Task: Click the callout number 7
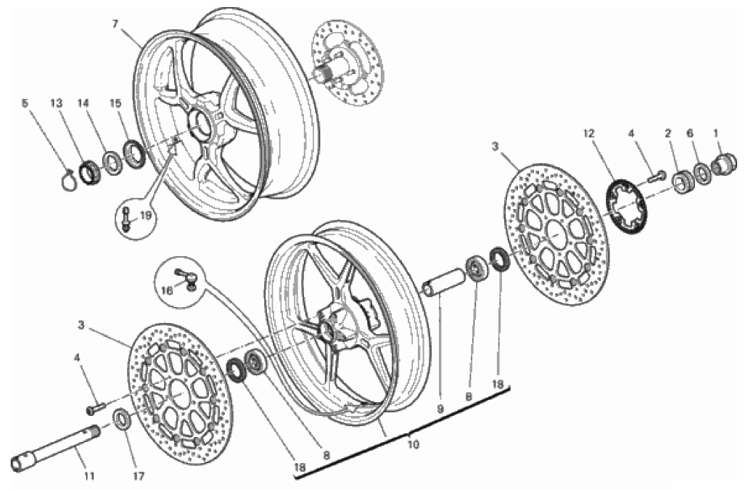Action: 115,24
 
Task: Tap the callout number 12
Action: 588,134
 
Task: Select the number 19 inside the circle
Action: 146,216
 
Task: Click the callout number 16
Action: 167,290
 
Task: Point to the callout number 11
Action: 89,476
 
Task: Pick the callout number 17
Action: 139,476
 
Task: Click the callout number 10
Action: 413,445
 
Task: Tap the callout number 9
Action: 440,409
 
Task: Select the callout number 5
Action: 25,103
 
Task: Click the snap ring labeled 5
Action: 68,180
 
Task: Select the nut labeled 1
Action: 725,163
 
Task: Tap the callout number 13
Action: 57,103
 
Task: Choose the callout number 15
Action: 115,103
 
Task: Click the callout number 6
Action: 690,134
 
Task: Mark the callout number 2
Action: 667,134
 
